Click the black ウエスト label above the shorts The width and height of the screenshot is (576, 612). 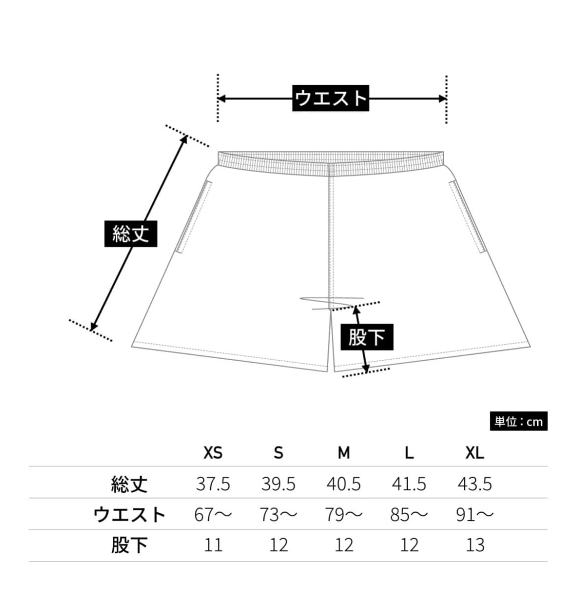pyautogui.click(x=330, y=98)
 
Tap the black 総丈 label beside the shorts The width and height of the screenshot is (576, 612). pyautogui.click(x=130, y=233)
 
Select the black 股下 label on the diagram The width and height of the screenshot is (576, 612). pyautogui.click(x=367, y=338)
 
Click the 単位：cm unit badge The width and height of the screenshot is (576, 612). pyautogui.click(x=518, y=421)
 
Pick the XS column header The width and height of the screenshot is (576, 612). pyautogui.click(x=213, y=452)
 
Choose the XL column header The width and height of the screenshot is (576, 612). pyautogui.click(x=475, y=452)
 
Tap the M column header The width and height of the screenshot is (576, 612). pyautogui.click(x=344, y=452)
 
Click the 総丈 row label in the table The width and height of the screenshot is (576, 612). pyautogui.click(x=129, y=484)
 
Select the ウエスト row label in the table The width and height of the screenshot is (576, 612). pyautogui.click(x=129, y=515)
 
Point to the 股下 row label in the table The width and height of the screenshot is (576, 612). pyautogui.click(x=129, y=545)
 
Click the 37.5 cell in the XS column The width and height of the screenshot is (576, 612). pyautogui.click(x=213, y=484)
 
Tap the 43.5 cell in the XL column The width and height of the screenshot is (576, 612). pyautogui.click(x=475, y=484)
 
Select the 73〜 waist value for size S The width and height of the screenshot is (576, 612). pyautogui.click(x=279, y=515)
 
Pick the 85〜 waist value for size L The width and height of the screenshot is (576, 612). pyautogui.click(x=409, y=515)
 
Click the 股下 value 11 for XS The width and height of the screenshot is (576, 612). pyautogui.click(x=213, y=545)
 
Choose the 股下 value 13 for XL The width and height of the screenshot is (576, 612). pyautogui.click(x=475, y=545)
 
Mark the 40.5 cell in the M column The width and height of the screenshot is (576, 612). pyautogui.click(x=344, y=484)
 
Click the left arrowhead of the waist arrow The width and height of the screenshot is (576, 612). pyautogui.click(x=221, y=99)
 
